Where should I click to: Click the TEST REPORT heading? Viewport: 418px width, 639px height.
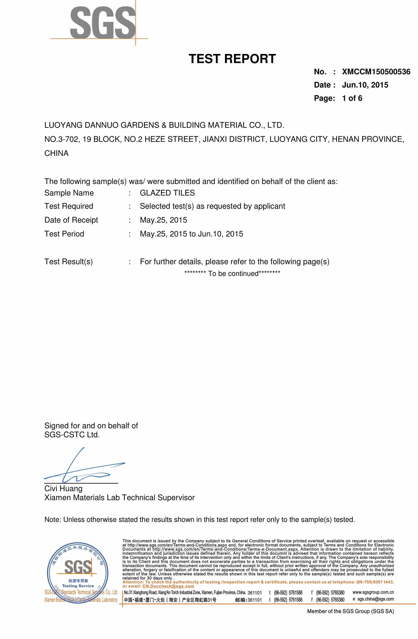click(232, 59)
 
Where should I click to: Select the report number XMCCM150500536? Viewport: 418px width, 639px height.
click(376, 72)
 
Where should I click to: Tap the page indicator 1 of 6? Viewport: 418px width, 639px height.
click(352, 98)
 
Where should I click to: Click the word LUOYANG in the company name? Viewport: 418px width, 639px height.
click(63, 125)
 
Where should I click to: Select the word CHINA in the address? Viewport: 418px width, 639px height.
click(56, 153)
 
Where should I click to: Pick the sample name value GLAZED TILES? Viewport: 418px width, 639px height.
click(167, 193)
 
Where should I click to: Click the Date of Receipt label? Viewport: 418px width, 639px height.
click(71, 220)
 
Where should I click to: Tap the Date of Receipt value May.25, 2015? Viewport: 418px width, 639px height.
click(163, 220)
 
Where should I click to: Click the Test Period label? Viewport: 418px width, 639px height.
click(64, 234)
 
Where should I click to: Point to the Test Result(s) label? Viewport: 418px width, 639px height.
click(68, 262)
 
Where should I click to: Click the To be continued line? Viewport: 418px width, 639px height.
click(232, 274)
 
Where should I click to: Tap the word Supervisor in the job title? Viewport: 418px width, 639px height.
click(176, 498)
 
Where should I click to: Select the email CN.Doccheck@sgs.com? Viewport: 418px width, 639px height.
click(168, 586)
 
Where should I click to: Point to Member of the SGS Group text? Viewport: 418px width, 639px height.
click(350, 611)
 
